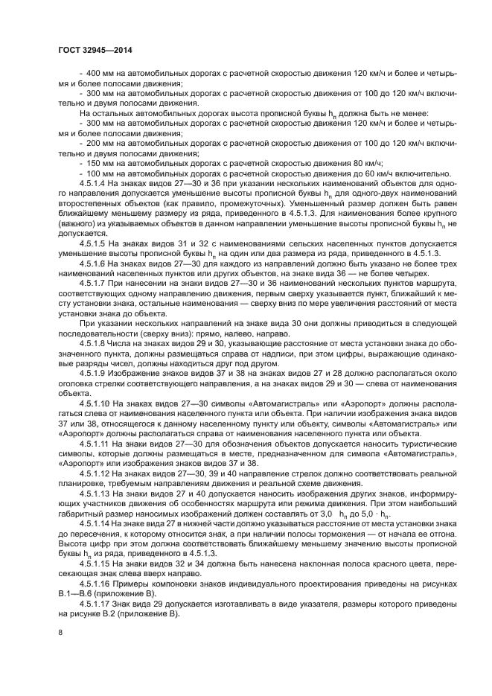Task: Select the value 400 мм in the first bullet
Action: point(98,74)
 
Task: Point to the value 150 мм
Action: point(98,162)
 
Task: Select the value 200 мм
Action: point(98,142)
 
